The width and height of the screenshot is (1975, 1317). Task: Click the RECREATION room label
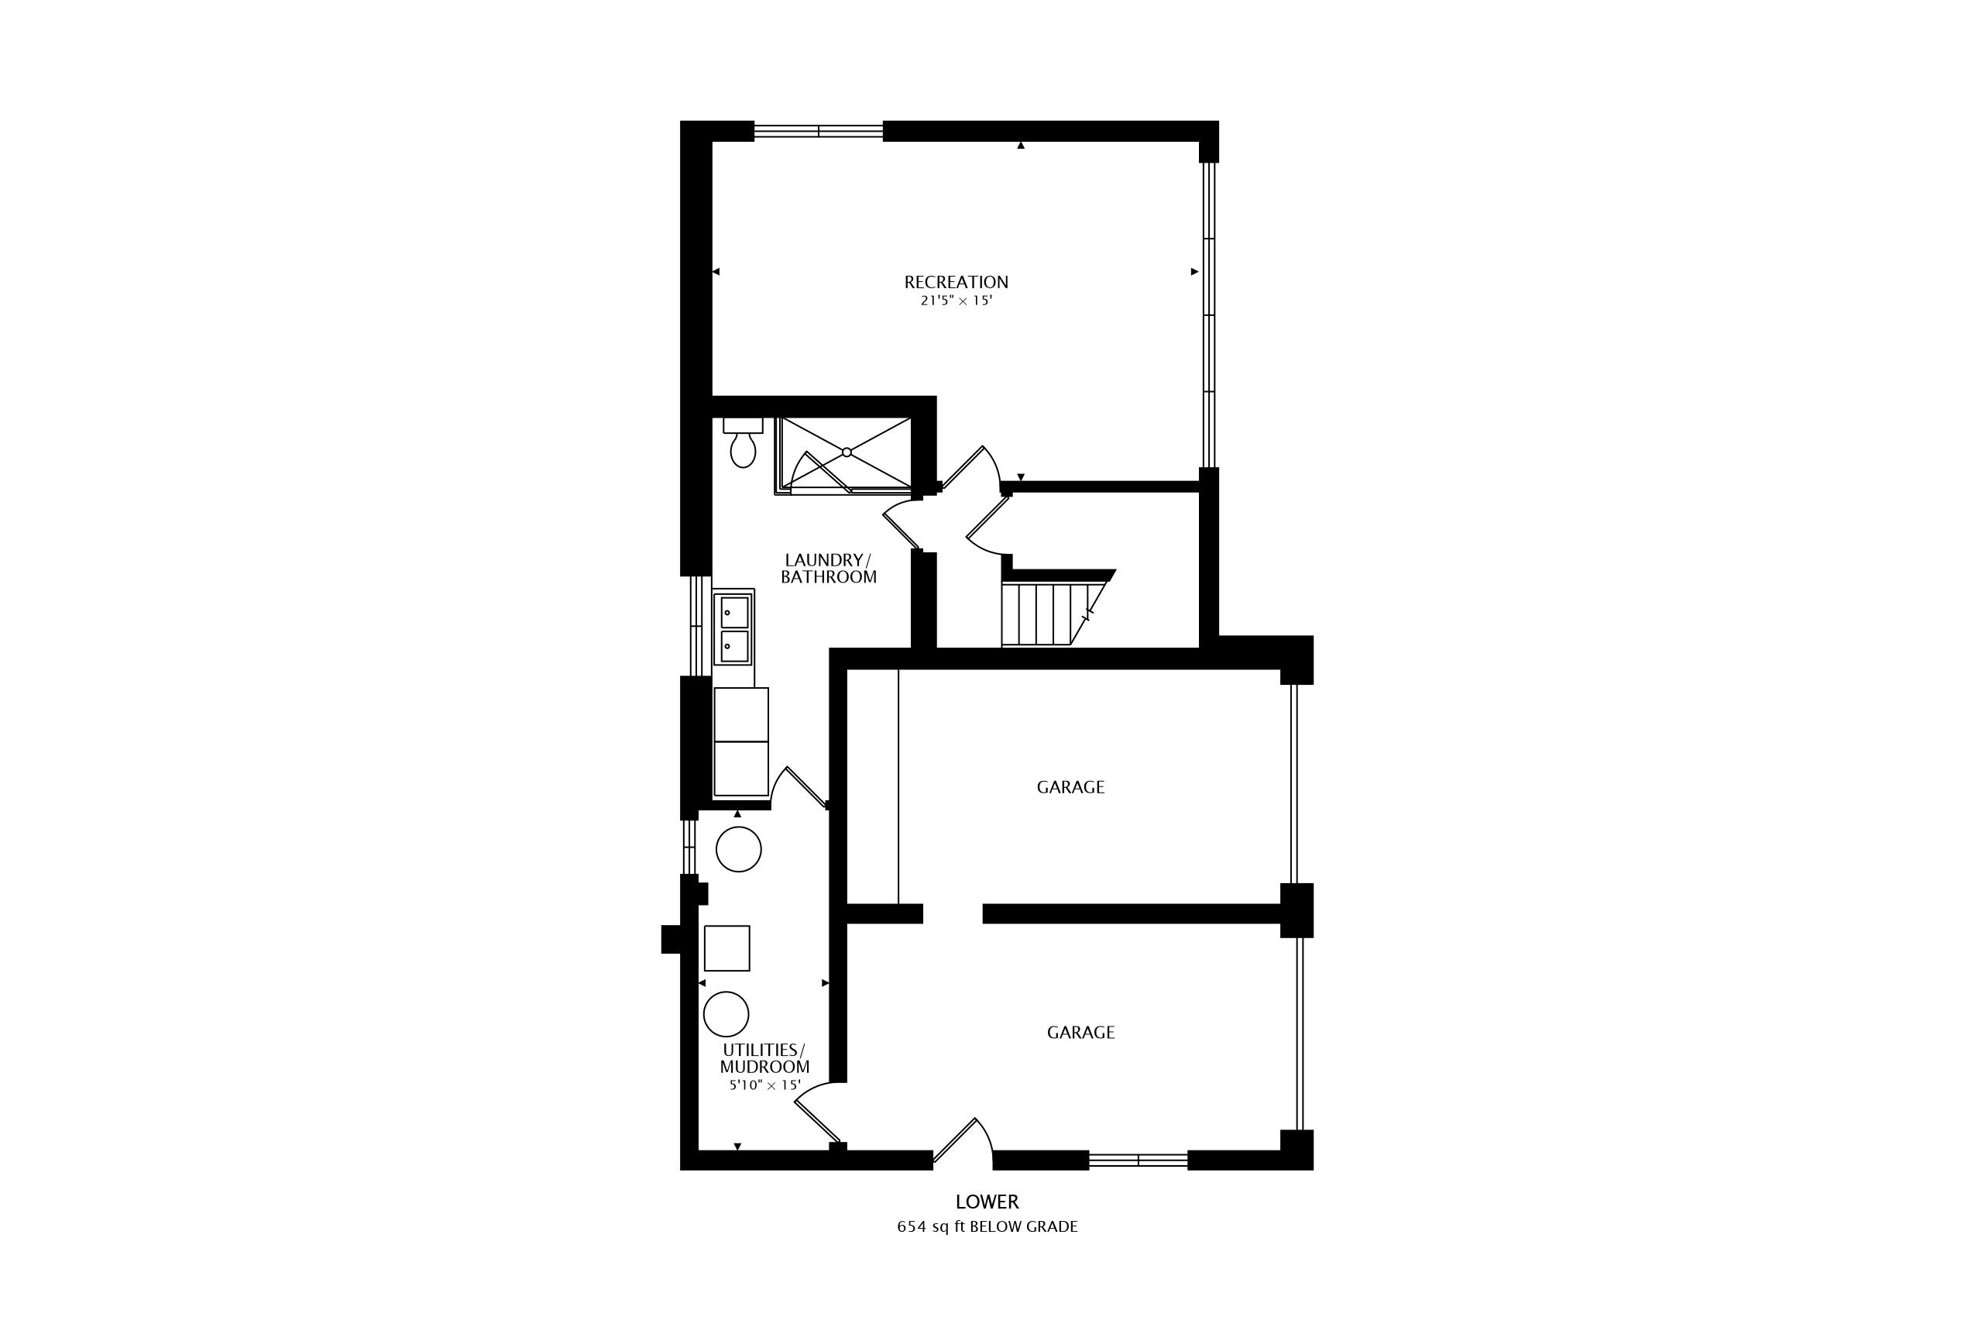[956, 282]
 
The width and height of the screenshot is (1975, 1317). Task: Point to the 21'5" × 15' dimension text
[957, 301]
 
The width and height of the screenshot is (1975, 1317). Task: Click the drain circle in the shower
[847, 452]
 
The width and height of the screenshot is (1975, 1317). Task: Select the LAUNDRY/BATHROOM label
[829, 569]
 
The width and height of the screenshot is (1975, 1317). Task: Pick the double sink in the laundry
[734, 628]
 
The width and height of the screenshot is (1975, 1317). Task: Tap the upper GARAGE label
[1070, 787]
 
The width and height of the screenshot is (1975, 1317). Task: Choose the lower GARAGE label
[1080, 1032]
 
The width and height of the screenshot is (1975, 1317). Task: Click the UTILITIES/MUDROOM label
[764, 1058]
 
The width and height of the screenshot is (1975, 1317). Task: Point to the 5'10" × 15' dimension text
[764, 1085]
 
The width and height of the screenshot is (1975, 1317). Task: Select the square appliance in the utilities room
[727, 948]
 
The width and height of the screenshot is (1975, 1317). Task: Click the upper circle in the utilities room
[739, 849]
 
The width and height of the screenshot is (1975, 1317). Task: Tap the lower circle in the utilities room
[726, 1014]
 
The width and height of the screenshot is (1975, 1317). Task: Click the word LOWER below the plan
[987, 1202]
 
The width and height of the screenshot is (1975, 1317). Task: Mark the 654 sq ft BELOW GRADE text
[987, 1226]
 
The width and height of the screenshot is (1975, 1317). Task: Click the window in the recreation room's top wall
[819, 131]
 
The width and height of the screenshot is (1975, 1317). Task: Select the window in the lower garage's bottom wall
[1139, 1160]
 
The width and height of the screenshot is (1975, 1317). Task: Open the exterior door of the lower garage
[964, 1141]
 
